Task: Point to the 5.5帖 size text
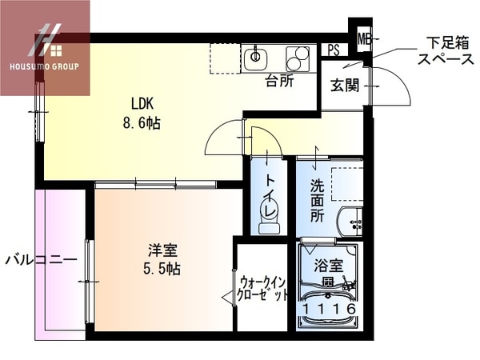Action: pos(158,269)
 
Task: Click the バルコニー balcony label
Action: pos(41,260)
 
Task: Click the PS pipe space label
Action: pos(333,50)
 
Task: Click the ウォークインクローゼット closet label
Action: pos(263,289)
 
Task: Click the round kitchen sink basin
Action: pos(258,56)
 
